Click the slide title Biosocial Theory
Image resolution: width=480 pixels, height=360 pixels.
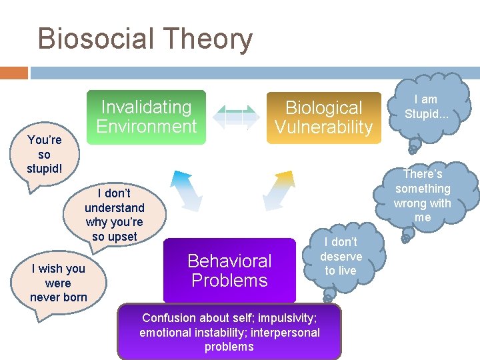[145, 39]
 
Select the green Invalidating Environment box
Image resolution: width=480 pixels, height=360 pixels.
[147, 117]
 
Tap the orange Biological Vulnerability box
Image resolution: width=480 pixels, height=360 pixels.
[323, 117]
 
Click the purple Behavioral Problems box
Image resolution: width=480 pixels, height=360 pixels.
[229, 270]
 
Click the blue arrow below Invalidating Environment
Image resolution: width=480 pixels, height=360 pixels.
[186, 191]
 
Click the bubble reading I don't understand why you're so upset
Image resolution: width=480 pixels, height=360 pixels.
[113, 215]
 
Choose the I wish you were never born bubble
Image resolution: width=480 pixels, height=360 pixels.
[58, 283]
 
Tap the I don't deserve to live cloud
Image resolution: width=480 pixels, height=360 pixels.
[341, 256]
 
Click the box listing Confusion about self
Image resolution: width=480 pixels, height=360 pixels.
[229, 332]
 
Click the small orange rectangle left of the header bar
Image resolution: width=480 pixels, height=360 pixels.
[13, 73]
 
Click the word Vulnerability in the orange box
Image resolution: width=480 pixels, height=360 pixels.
[323, 127]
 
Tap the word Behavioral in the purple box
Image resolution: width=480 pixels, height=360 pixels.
[229, 261]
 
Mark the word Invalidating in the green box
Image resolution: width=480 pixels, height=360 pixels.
[146, 107]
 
